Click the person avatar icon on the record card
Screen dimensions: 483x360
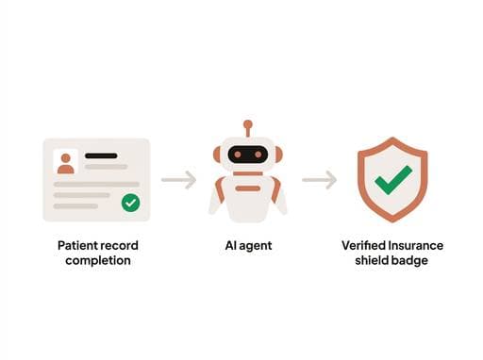coord(65,161)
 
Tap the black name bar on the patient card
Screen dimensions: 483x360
coord(101,155)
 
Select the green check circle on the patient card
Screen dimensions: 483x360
coord(130,203)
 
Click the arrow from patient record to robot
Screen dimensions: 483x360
coord(178,179)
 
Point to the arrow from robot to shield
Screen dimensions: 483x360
coord(319,179)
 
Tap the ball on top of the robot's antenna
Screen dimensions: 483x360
coord(248,123)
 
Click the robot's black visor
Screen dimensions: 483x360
coord(248,154)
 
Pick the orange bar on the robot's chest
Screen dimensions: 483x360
coord(248,188)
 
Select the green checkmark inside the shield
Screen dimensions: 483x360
coord(392,179)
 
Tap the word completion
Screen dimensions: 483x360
coord(98,260)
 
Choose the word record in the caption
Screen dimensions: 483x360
coord(120,246)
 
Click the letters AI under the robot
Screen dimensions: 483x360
coord(229,246)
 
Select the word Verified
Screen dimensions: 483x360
coord(363,246)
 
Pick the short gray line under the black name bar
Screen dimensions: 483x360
coord(106,167)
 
